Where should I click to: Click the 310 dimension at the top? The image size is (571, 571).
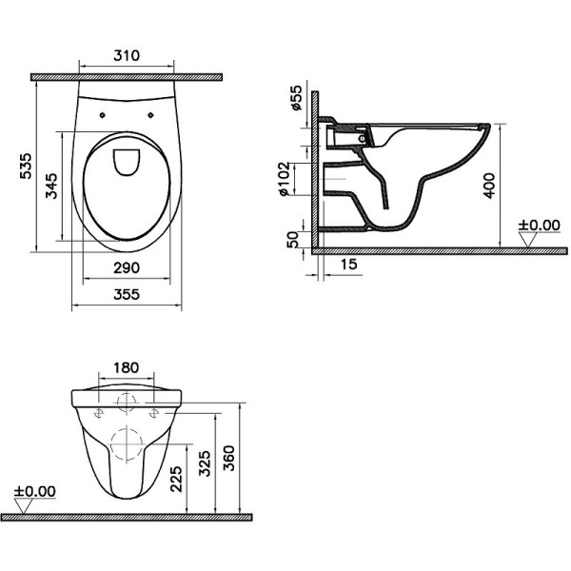(x=126, y=56)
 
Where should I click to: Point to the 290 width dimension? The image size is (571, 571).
(x=126, y=267)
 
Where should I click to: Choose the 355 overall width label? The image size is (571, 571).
(x=126, y=295)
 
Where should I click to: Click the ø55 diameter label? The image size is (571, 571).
(x=297, y=98)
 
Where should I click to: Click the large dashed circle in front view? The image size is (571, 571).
(x=126, y=444)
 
